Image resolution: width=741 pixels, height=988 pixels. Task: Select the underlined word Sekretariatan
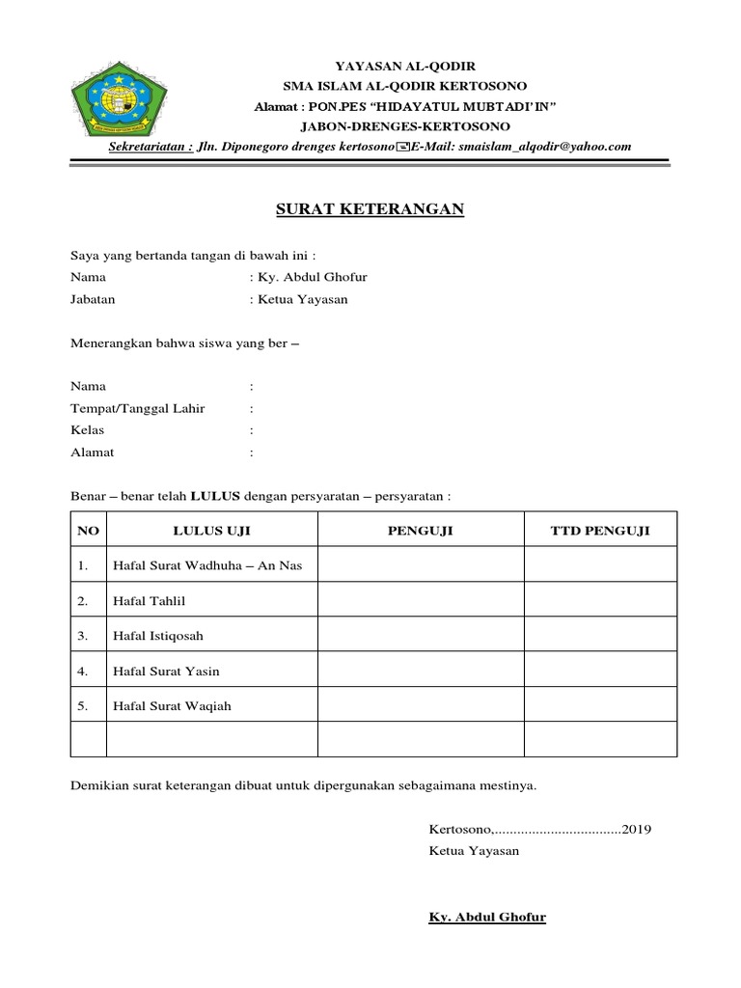point(150,147)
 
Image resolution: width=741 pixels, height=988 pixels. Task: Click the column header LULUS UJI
point(211,531)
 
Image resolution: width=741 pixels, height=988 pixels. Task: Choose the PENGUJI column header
point(421,531)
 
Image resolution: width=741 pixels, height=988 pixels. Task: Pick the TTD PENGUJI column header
point(600,531)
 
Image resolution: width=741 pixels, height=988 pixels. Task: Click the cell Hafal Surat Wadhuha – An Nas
point(207,565)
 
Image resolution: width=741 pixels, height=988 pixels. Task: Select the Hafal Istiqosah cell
point(158,636)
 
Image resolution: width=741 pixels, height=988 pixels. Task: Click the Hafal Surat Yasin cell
point(173,671)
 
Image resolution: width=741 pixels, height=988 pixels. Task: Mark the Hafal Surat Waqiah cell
point(173,706)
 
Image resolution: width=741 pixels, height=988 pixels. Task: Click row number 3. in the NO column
point(84,636)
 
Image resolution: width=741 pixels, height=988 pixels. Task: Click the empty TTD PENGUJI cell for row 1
point(600,565)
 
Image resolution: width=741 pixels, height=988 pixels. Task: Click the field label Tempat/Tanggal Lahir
point(138,408)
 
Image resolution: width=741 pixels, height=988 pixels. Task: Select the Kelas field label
point(88,429)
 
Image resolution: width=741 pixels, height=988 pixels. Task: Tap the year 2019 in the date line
point(637,829)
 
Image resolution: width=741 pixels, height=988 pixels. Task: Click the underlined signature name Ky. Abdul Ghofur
point(487,917)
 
